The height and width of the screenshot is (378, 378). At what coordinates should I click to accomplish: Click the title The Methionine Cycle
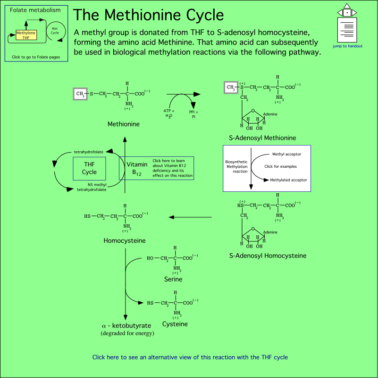click(x=148, y=15)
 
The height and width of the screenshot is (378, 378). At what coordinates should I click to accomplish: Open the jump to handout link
click(x=347, y=46)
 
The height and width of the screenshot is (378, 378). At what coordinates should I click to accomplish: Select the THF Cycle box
click(x=89, y=168)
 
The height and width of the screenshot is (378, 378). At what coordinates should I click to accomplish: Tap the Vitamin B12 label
click(x=137, y=168)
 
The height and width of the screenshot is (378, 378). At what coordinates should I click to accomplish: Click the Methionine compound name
click(x=123, y=124)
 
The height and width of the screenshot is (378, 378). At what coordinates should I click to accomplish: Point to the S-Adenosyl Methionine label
click(x=262, y=138)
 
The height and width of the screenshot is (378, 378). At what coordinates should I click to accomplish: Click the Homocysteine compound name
click(x=125, y=241)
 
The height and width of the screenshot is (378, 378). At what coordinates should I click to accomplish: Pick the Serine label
click(x=173, y=279)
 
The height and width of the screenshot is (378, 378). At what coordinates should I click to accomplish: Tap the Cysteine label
click(x=175, y=324)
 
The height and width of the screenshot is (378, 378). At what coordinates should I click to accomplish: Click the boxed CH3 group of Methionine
click(x=80, y=94)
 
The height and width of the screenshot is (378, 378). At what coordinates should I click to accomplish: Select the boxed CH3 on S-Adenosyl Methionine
click(x=230, y=87)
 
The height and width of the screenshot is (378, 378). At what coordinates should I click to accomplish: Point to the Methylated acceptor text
click(x=288, y=180)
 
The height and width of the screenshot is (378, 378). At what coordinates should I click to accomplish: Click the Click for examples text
click(x=281, y=166)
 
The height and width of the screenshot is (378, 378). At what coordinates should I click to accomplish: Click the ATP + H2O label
click(x=169, y=113)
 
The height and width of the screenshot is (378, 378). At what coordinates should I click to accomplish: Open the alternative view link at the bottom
click(x=190, y=357)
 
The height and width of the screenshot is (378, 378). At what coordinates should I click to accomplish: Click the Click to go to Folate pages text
click(x=36, y=57)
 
